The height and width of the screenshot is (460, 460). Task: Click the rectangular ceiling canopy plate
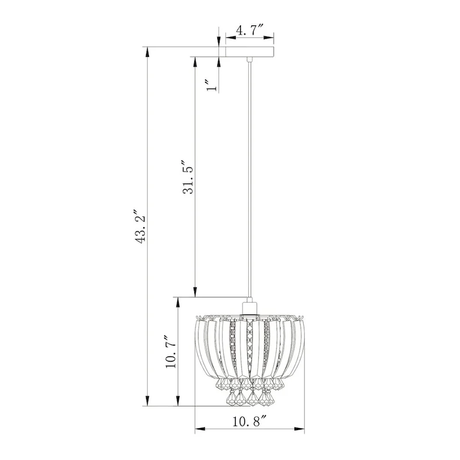[250, 52]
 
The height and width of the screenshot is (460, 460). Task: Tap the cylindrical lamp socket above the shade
[250, 308]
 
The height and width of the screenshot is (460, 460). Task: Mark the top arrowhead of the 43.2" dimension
[149, 51]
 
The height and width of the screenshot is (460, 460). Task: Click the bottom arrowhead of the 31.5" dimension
[195, 293]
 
